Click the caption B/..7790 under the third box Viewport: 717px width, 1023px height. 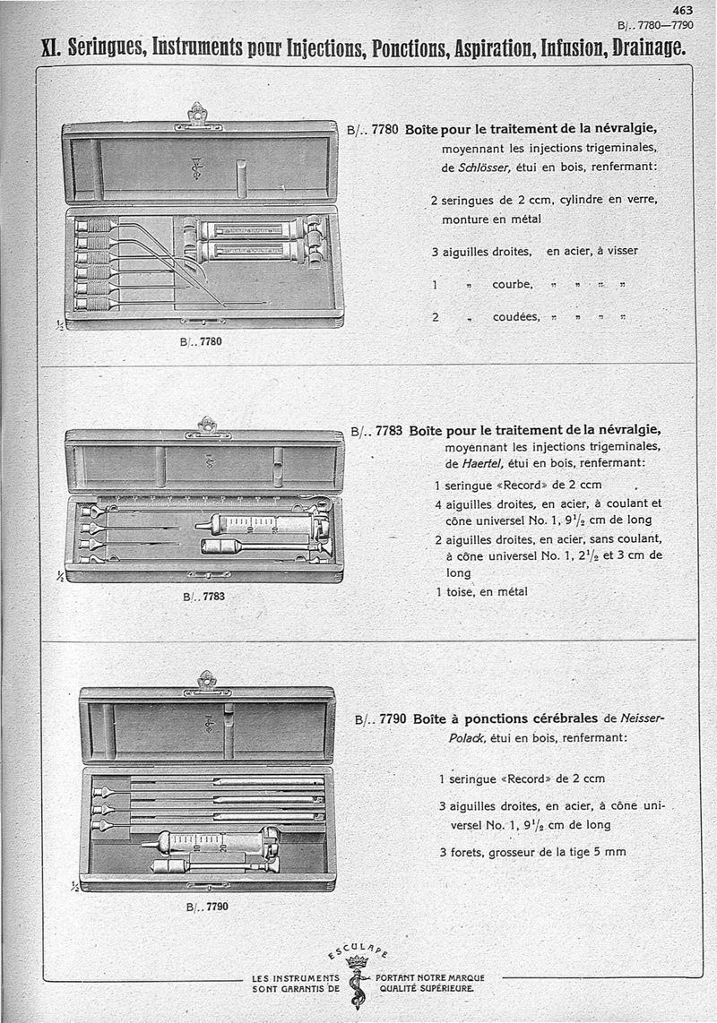[207, 907]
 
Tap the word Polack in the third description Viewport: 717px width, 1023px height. [468, 737]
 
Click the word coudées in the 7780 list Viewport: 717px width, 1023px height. [516, 317]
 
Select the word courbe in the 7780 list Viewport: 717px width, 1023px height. [512, 284]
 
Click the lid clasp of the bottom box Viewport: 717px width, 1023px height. [206, 682]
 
